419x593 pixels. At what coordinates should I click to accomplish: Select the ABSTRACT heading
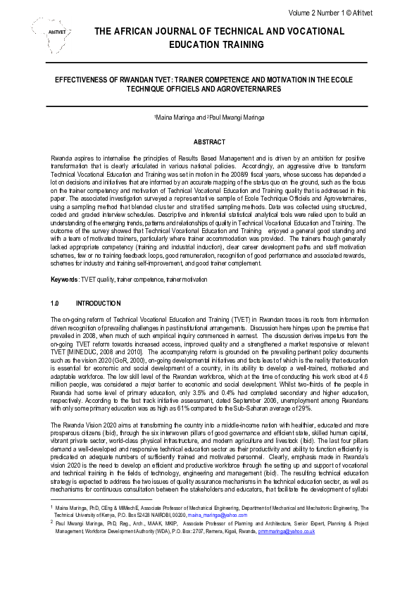209,142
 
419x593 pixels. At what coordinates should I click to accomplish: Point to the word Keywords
65,280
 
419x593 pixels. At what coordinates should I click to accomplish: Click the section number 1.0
55,304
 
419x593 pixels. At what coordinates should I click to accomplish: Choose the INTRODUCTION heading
98,304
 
